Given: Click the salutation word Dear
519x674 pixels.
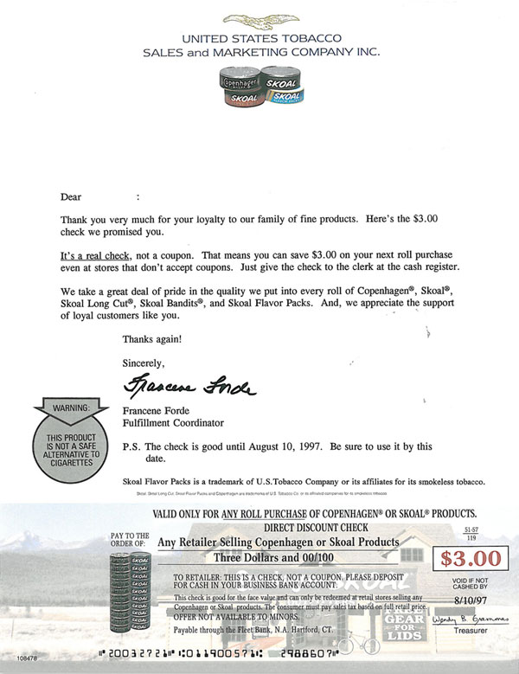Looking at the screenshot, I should [71, 196].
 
